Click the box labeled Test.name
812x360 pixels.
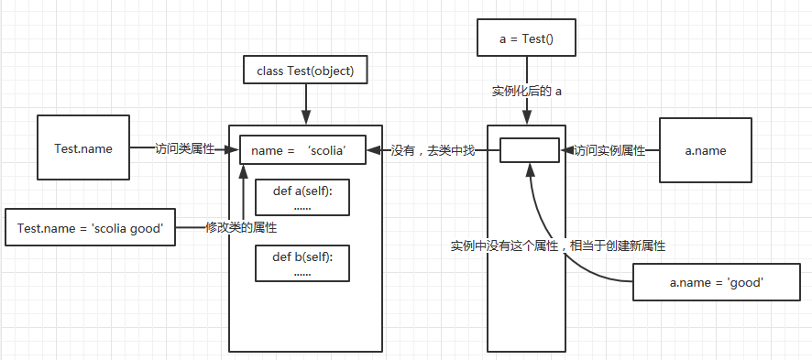click(83, 147)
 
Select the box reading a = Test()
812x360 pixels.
click(526, 39)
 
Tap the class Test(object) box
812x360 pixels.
click(304, 71)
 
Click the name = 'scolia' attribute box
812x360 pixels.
click(302, 149)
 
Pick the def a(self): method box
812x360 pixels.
click(302, 196)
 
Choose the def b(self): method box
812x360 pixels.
click(302, 263)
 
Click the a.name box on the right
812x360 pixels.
click(706, 149)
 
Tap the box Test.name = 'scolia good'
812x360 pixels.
click(90, 227)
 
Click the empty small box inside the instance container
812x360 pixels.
click(529, 149)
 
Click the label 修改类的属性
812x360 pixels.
click(241, 227)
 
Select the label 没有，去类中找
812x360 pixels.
click(433, 149)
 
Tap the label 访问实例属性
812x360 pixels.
click(609, 149)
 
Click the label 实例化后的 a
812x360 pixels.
click(526, 91)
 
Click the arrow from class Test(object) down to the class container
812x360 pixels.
click(304, 105)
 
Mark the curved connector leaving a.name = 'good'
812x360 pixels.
click(587, 271)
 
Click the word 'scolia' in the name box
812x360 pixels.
click(326, 150)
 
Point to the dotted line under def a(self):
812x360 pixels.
click(302, 207)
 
